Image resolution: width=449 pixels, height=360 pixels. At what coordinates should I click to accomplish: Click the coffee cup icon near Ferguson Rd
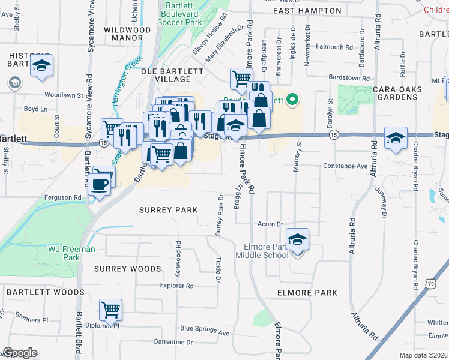click(x=100, y=183)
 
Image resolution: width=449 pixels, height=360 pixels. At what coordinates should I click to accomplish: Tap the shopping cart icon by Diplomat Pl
click(x=110, y=310)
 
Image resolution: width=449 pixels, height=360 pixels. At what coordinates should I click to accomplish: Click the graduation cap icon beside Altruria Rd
click(x=396, y=139)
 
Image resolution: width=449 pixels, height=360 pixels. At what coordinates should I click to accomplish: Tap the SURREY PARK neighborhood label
click(x=168, y=210)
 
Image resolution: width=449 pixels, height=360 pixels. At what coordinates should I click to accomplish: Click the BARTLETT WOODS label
click(x=46, y=292)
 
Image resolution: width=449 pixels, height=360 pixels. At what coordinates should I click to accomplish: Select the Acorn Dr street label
click(x=270, y=224)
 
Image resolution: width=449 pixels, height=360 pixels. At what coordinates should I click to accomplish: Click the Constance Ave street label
click(x=345, y=166)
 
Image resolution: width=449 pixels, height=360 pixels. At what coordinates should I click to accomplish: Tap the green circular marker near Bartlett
click(x=292, y=99)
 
